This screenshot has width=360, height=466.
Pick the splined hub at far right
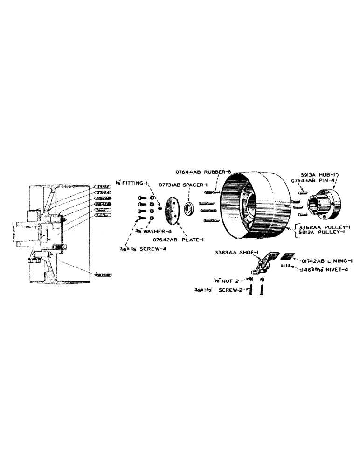pyautogui.click(x=326, y=204)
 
